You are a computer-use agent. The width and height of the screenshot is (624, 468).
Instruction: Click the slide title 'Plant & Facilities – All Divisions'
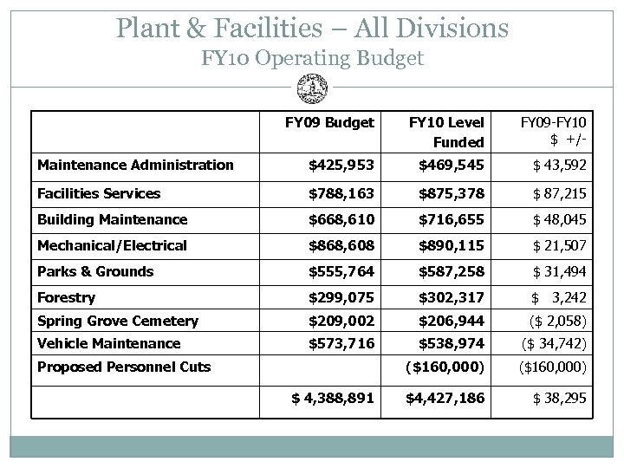pyautogui.click(x=312, y=28)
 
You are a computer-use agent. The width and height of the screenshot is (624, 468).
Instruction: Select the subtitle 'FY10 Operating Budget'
pyautogui.click(x=312, y=59)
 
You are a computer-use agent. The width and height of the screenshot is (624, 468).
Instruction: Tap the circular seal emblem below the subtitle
pyautogui.click(x=311, y=88)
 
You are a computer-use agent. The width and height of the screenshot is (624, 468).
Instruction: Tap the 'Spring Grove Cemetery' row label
pyautogui.click(x=117, y=321)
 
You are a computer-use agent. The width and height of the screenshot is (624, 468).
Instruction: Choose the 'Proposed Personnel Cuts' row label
pyautogui.click(x=123, y=367)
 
